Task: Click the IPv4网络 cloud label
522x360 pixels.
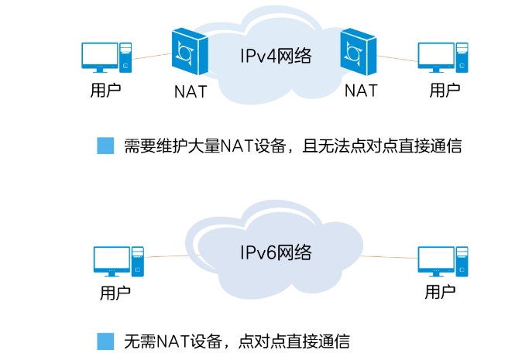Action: (273, 55)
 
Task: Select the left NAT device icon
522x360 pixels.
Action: (190, 52)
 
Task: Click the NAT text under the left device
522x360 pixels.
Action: (190, 91)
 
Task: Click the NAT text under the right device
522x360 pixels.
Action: (360, 91)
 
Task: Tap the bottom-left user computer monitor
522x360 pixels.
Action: (111, 259)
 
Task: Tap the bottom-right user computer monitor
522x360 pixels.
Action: (436, 259)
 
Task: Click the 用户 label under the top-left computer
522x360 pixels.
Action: (105, 90)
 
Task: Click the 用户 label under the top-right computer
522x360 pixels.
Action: (445, 90)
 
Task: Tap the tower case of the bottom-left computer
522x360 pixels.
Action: (137, 261)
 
